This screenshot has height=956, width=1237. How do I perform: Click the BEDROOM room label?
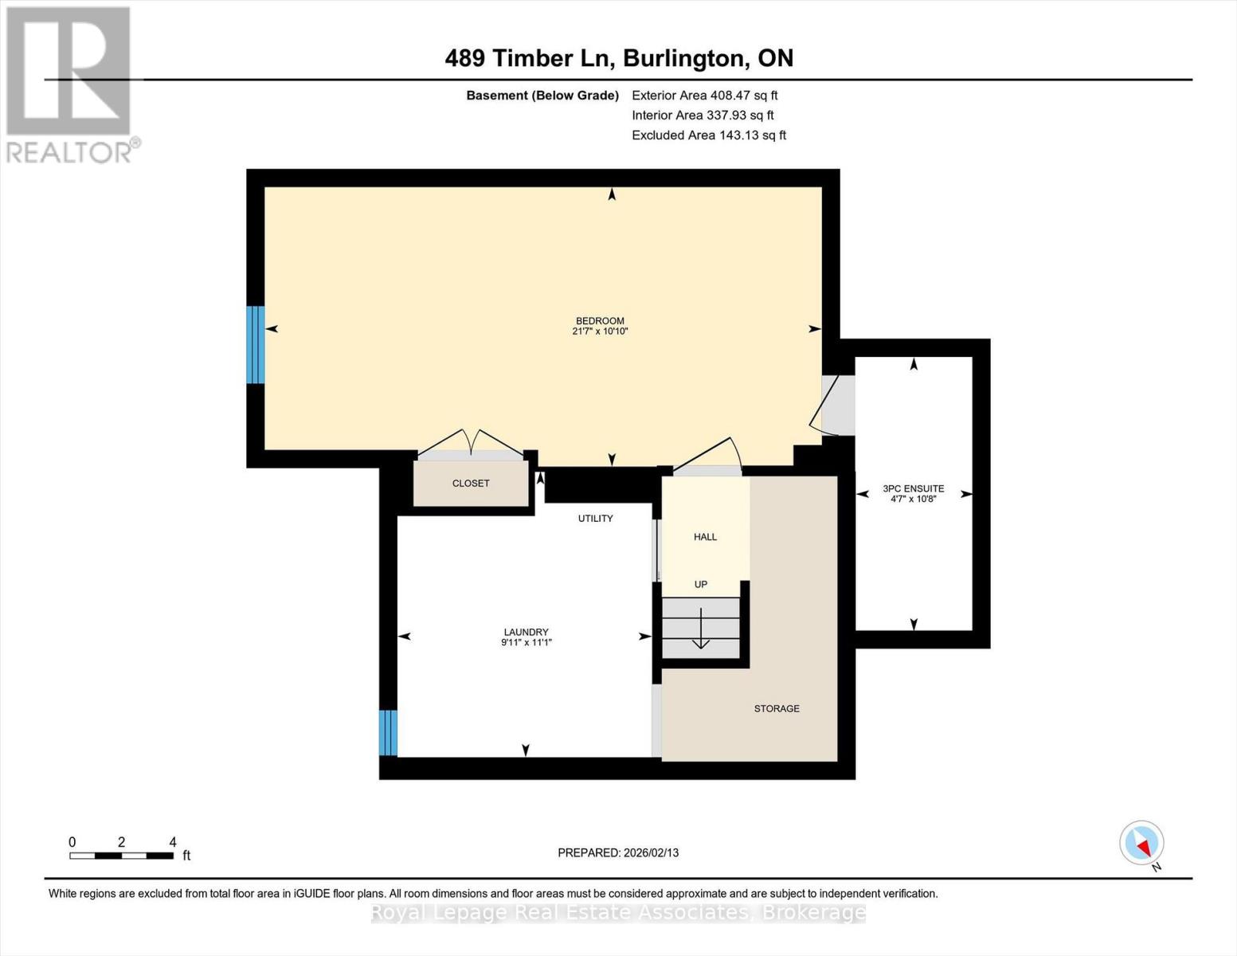point(600,321)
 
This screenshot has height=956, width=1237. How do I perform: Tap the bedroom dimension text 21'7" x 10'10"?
point(600,331)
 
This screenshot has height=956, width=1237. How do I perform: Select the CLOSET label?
point(471,484)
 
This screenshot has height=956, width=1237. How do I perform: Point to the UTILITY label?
point(595,519)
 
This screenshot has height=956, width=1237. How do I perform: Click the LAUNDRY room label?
point(526,632)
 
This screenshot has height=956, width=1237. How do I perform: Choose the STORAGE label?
point(777,708)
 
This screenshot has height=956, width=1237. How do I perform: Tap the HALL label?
point(705,537)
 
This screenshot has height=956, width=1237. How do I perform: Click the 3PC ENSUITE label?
point(913,488)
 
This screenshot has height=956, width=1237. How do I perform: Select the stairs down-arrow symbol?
point(701,629)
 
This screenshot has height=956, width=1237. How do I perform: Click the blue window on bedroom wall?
point(255,345)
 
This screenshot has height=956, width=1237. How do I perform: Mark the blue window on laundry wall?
point(388,732)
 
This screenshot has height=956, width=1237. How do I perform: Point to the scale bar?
point(121,856)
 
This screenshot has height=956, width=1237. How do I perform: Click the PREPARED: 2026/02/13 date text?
point(618,852)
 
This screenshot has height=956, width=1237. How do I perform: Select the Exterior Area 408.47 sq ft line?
point(704,96)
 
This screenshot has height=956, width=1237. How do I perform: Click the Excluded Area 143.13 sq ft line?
point(708,135)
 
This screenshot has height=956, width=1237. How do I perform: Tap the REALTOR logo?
point(70,84)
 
